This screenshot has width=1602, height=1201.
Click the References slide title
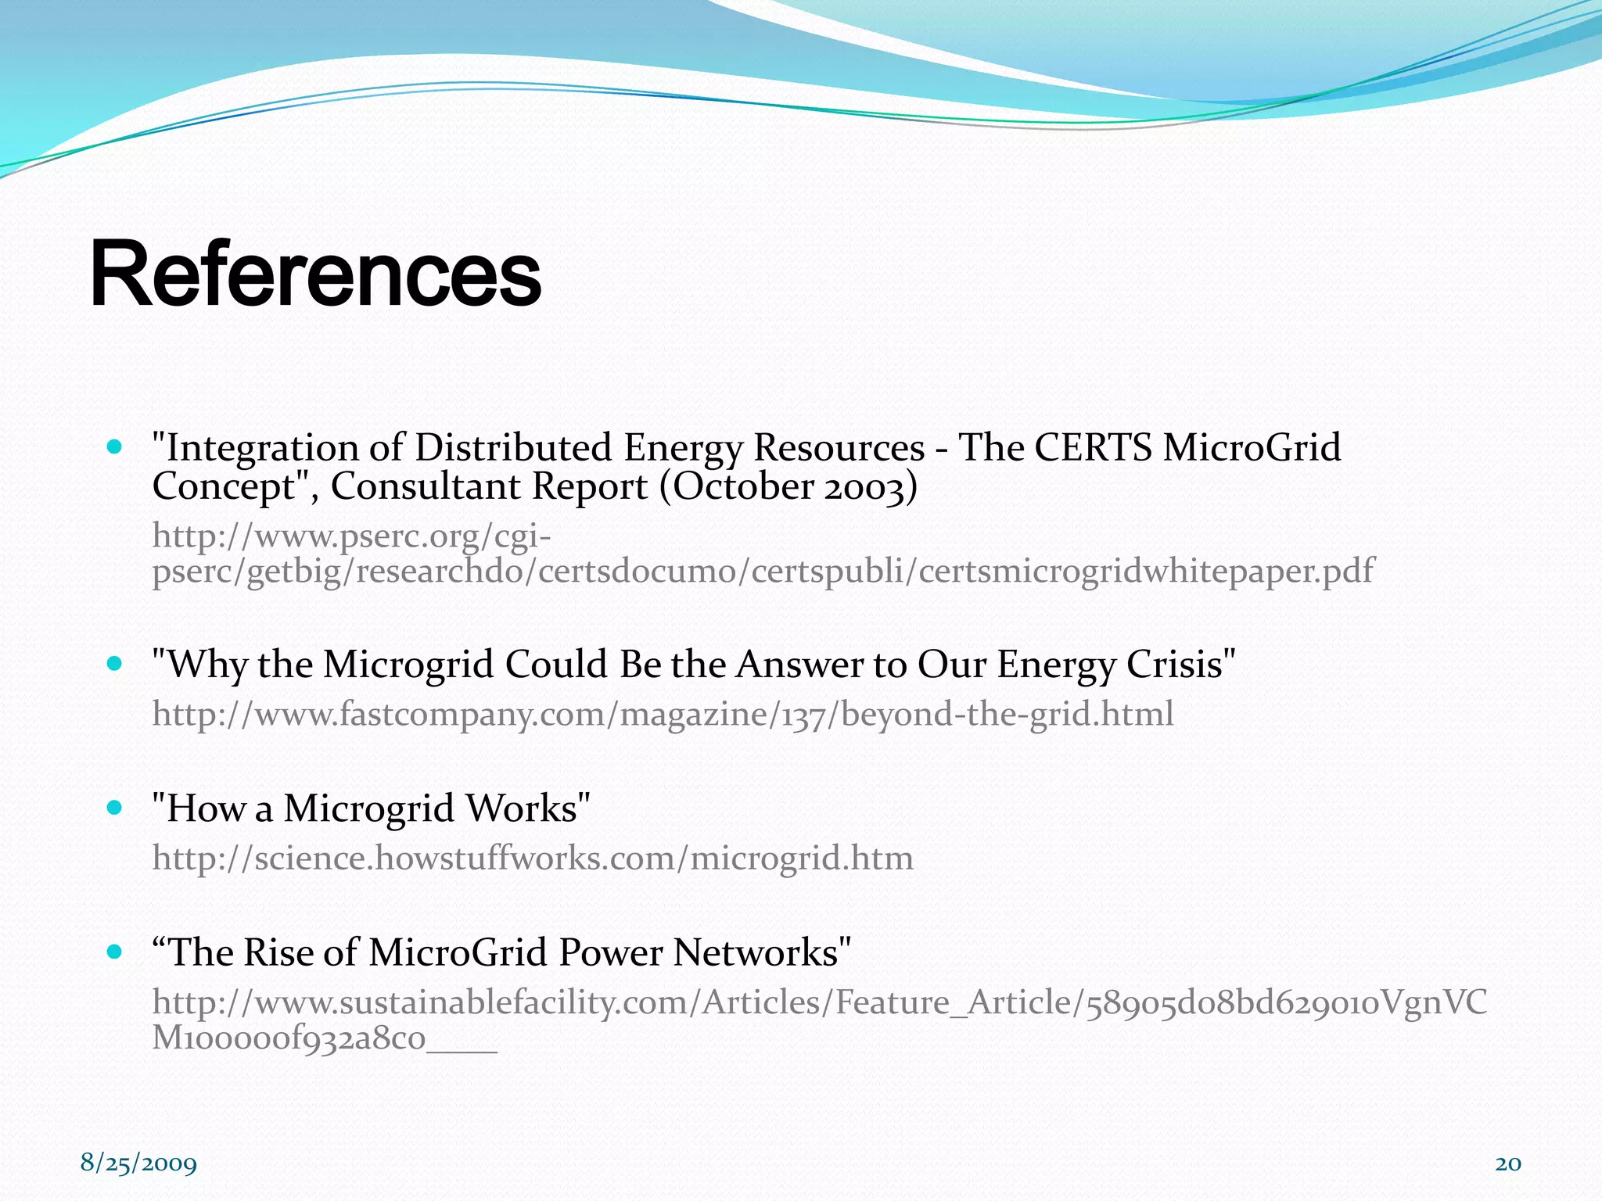pos(315,275)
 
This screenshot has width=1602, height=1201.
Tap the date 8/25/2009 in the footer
pos(138,1163)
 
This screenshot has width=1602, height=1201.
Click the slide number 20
pos(1507,1163)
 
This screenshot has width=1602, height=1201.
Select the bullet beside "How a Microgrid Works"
pos(115,808)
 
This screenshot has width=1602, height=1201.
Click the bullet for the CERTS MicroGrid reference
pos(115,447)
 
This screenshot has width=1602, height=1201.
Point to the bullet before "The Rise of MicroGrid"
pos(115,952)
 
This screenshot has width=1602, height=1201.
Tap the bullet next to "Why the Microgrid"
pos(115,664)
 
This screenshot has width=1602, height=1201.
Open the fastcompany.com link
pos(663,714)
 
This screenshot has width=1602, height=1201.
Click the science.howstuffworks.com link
pos(532,858)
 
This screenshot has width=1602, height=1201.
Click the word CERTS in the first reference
pos(1093,448)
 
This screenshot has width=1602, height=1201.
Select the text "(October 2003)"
pos(788,486)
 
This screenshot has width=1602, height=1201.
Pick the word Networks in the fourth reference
pos(760,952)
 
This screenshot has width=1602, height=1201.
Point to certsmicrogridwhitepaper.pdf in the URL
pos(1145,571)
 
